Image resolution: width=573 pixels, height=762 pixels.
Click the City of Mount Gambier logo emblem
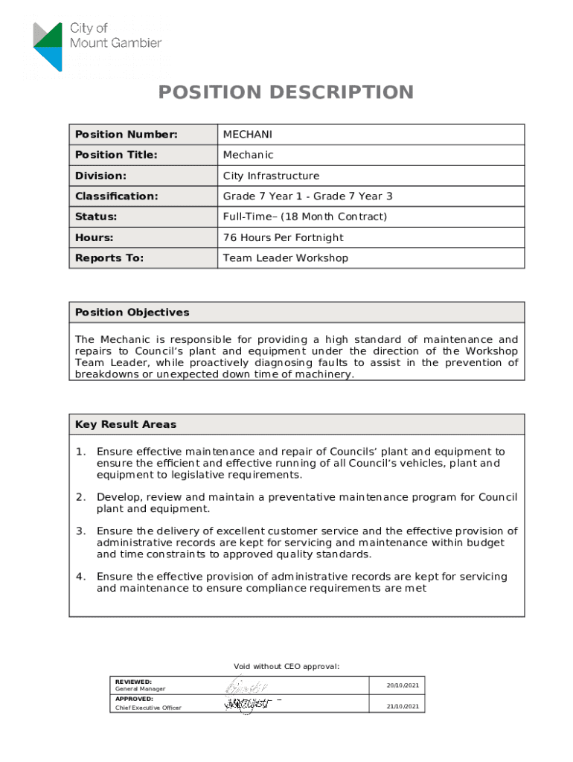click(x=48, y=46)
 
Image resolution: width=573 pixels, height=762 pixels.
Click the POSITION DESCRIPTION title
click(x=286, y=92)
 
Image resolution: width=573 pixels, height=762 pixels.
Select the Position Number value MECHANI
click(x=248, y=135)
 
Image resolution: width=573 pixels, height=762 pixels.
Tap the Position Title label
click(x=116, y=155)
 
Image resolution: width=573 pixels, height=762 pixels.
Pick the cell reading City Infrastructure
click(x=271, y=176)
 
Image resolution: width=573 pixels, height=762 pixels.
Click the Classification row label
click(x=117, y=196)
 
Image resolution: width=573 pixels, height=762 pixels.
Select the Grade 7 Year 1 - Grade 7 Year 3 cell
click(x=307, y=196)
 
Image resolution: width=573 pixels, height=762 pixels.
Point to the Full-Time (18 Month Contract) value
click(x=305, y=217)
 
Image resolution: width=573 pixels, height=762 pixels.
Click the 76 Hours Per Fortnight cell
click(x=283, y=237)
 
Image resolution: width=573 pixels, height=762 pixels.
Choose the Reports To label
click(x=109, y=258)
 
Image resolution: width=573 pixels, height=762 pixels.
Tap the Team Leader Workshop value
click(x=286, y=258)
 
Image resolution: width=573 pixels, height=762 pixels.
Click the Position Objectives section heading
click(x=132, y=313)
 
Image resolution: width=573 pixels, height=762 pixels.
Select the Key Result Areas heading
click(x=126, y=425)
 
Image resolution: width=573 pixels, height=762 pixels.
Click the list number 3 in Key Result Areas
click(x=80, y=531)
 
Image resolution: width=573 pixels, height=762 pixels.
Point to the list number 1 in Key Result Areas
click(x=80, y=452)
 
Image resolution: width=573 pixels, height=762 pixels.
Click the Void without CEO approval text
click(x=286, y=666)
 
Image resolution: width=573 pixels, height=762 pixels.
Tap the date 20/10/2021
click(x=403, y=685)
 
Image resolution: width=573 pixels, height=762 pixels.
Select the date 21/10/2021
click(x=403, y=706)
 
